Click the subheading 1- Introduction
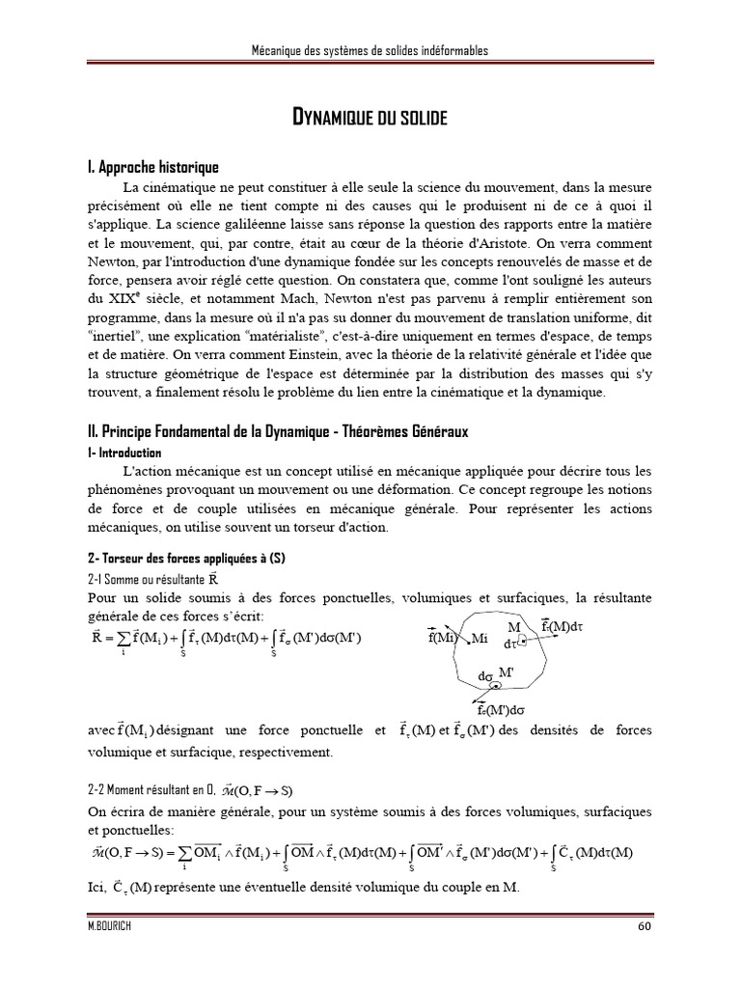click(x=123, y=453)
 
